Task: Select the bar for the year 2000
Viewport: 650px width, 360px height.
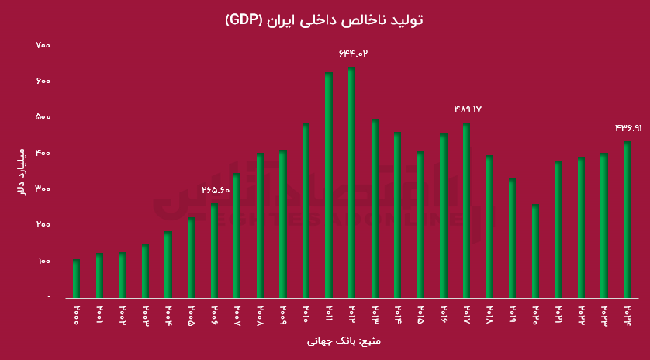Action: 76,279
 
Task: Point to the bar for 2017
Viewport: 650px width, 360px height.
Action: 466,210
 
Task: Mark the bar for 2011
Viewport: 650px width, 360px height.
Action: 329,185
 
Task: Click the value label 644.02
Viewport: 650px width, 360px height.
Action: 352,54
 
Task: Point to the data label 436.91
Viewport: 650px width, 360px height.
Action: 628,128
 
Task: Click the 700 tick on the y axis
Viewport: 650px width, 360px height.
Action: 43,46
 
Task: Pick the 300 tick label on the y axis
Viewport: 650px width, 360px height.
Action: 43,189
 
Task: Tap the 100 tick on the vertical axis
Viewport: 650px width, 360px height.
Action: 43,261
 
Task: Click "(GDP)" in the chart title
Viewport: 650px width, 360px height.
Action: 244,20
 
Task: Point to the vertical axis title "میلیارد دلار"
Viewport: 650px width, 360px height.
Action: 22,171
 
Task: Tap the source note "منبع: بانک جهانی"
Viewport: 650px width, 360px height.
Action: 344,341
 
